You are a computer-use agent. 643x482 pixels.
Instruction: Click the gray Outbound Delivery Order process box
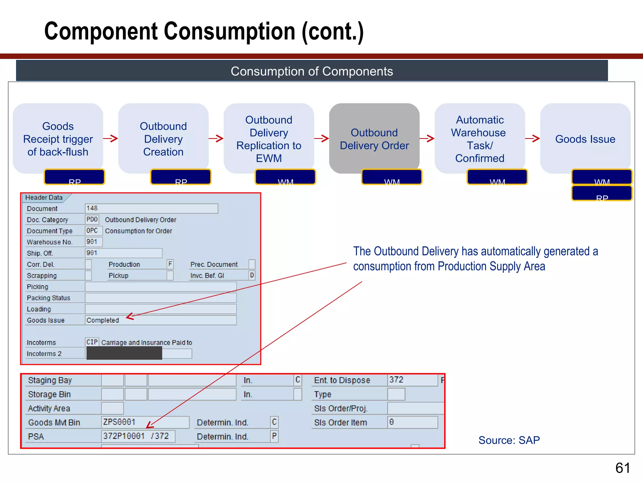click(374, 138)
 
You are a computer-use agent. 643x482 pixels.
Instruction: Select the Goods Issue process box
click(585, 138)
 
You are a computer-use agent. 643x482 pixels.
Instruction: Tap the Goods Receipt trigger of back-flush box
click(58, 138)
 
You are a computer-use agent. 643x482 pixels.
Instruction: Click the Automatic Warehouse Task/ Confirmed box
click(479, 138)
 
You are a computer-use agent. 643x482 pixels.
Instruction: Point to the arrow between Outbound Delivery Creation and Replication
click(216, 138)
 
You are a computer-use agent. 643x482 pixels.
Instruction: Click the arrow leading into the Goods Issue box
click(532, 138)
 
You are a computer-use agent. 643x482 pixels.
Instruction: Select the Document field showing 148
click(151, 208)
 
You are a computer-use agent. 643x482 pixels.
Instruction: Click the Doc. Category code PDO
click(92, 219)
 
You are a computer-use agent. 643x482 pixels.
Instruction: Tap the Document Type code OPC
click(92, 231)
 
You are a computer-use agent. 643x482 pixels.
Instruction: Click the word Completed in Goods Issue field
click(103, 320)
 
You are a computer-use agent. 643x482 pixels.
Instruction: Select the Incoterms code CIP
click(92, 342)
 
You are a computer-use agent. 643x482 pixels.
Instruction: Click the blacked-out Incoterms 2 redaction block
click(124, 353)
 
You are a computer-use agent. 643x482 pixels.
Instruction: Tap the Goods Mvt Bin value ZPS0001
click(119, 422)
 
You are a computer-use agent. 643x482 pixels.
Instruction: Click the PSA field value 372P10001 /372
click(136, 436)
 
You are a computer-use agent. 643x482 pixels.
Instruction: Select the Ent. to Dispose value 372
click(396, 380)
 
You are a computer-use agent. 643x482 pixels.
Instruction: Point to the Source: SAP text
click(509, 440)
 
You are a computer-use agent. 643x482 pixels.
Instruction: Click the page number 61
click(623, 468)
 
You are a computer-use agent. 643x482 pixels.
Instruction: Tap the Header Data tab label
click(44, 197)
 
